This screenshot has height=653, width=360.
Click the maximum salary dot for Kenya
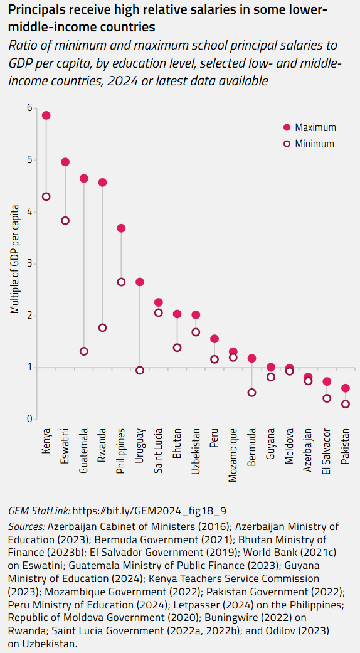(46, 115)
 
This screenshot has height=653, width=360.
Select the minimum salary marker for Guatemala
(84, 351)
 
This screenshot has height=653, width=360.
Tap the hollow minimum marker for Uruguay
(140, 370)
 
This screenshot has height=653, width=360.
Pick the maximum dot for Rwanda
(103, 183)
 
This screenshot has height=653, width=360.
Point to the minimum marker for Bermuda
(252, 393)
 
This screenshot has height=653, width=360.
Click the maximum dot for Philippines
(122, 228)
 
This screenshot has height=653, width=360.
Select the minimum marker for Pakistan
(346, 404)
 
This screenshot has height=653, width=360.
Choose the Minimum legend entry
(310, 144)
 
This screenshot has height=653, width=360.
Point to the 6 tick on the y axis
(29, 108)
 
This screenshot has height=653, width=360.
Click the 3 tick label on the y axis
(29, 263)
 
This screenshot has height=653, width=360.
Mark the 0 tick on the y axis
(29, 419)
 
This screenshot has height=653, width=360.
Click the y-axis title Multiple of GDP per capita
(14, 259)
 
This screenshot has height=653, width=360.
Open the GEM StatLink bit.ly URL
(150, 511)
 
